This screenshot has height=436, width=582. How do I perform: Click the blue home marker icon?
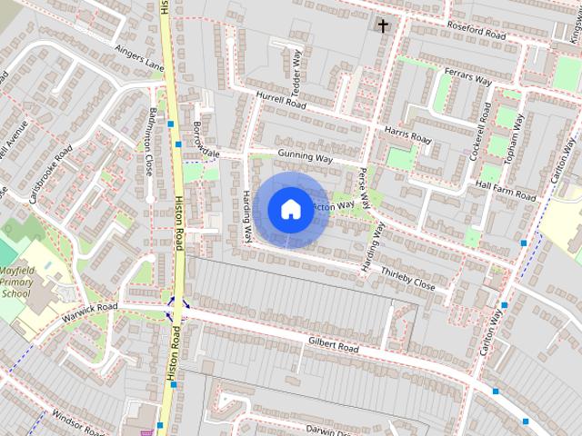click(x=289, y=209)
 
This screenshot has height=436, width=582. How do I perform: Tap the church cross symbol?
click(x=383, y=25)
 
